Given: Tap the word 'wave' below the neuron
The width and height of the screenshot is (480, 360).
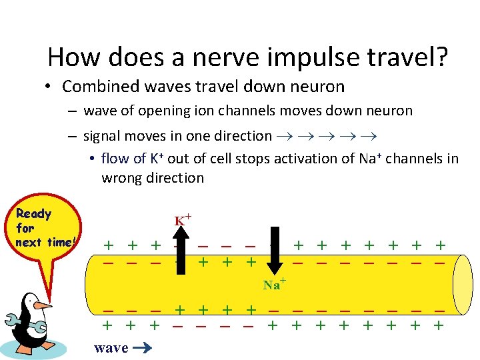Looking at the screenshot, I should [111, 347].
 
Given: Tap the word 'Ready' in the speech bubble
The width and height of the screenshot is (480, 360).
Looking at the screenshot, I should [33, 213].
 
